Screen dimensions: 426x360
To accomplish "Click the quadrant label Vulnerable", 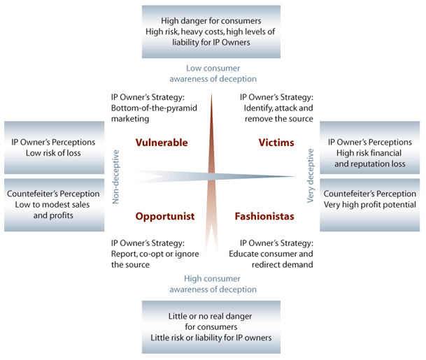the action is tap(162, 143).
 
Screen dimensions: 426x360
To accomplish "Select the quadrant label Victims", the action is tap(276, 143).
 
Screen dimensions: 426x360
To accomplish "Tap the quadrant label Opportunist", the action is tap(165, 217).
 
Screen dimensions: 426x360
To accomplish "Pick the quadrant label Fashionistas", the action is tap(264, 217).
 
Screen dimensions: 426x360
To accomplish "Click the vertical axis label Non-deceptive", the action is tap(116, 177).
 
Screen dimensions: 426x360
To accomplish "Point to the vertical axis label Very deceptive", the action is tap(310, 176).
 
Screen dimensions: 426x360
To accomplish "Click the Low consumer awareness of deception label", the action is tap(213, 73).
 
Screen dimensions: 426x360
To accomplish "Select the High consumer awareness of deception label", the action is tap(213, 284).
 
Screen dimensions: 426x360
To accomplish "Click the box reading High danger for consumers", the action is tap(211, 31).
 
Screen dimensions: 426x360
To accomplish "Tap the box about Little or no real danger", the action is tap(211, 327).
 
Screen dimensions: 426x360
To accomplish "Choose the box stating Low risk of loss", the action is tap(54, 147).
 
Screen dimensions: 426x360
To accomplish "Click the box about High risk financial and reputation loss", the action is tap(370, 147).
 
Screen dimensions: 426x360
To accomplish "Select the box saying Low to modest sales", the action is tap(54, 205).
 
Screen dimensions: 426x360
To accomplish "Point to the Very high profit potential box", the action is tap(370, 205).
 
